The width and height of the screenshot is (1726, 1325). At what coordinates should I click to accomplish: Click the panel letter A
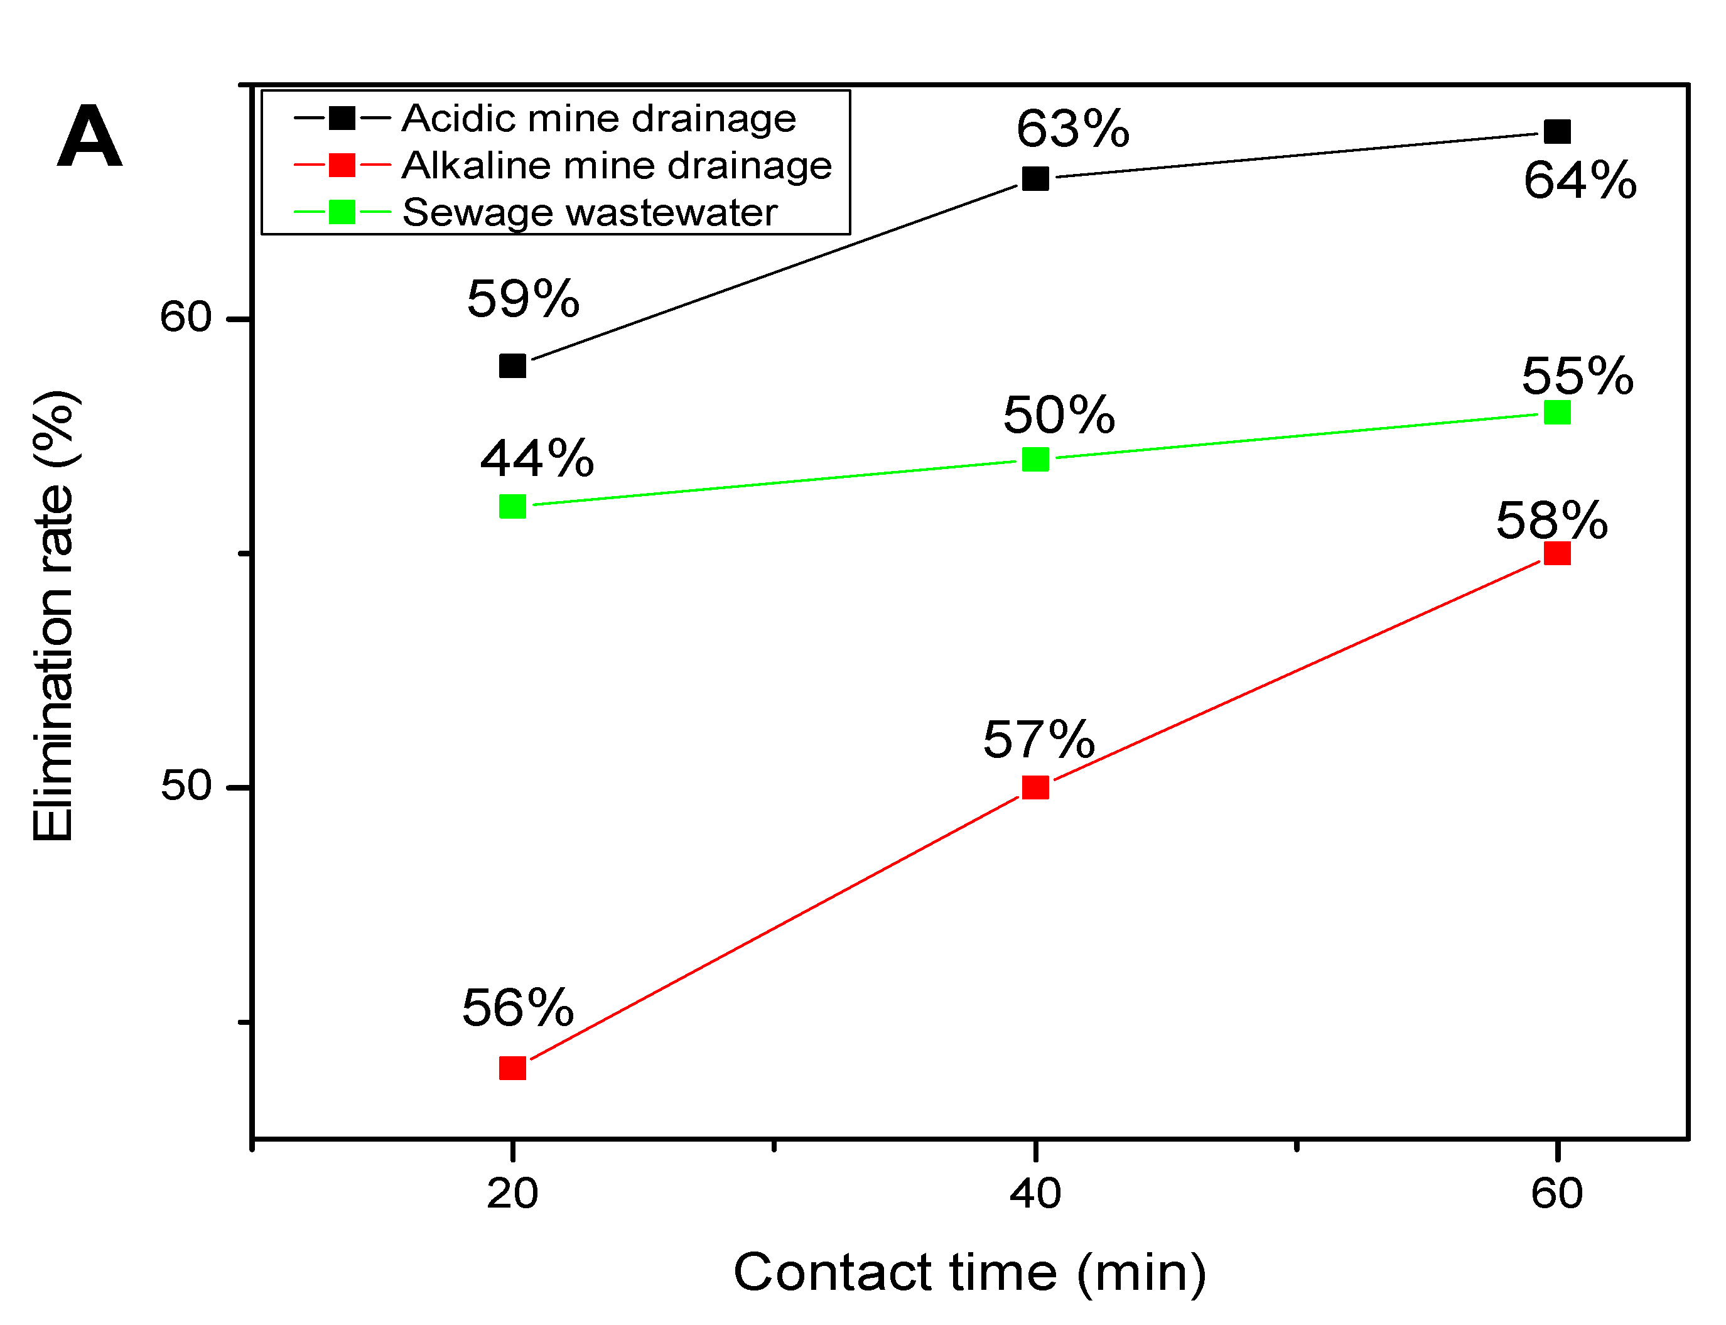pos(89,138)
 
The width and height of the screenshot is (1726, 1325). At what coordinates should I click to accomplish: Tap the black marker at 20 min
pos(512,366)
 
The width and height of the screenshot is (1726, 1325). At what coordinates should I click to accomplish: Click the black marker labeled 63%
pos(1035,178)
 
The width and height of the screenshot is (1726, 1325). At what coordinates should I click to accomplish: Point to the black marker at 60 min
pos(1556,132)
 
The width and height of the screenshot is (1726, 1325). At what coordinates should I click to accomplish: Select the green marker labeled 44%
pos(512,506)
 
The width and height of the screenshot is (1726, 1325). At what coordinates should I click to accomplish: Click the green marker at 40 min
pos(1035,459)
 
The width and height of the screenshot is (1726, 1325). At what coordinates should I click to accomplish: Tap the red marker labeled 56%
pos(512,1069)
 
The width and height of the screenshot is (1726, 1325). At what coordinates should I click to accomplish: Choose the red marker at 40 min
pos(1035,787)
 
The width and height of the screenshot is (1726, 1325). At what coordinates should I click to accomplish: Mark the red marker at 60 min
pos(1556,554)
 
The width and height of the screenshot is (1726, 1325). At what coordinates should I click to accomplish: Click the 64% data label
pos(1579,181)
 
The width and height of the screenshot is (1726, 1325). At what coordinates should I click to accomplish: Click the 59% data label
pos(523,300)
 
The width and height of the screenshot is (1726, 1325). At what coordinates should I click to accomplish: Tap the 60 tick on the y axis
pos(185,318)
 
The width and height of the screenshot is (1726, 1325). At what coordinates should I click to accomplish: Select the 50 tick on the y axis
pos(185,786)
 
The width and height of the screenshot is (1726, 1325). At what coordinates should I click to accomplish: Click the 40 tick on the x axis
pos(1035,1193)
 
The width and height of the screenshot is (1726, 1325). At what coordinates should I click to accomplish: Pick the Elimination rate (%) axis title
pos(53,615)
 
